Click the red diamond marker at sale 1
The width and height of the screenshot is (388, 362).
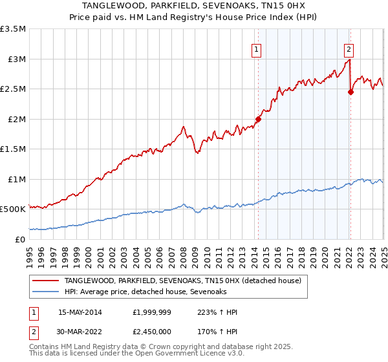pyautogui.click(x=258, y=119)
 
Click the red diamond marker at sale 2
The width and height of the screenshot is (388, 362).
pyautogui.click(x=351, y=92)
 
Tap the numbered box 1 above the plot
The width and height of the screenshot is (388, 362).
pyautogui.click(x=257, y=48)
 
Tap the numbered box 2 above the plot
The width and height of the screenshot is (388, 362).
pyautogui.click(x=349, y=48)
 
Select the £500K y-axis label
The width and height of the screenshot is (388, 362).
pyautogui.click(x=13, y=209)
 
